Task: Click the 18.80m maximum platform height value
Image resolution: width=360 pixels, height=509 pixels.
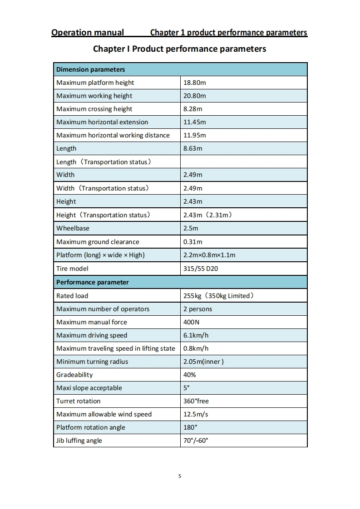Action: (194, 83)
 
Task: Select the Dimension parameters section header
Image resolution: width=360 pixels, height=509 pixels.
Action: (90, 69)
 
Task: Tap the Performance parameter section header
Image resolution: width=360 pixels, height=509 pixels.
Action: (92, 282)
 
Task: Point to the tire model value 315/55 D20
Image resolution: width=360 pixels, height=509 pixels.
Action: (200, 269)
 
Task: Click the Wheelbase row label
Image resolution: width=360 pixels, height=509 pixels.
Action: (73, 228)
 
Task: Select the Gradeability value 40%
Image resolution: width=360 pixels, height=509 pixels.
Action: (189, 375)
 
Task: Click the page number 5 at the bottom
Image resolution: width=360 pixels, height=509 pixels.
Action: (180, 476)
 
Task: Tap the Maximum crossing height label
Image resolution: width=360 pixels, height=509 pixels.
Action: (94, 109)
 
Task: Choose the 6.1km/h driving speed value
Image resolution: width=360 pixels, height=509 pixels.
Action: (196, 335)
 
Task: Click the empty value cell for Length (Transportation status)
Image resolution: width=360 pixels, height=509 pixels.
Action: (244, 162)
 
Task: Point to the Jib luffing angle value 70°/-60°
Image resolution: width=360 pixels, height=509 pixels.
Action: (195, 440)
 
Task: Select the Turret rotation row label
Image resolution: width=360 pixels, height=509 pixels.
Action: (78, 401)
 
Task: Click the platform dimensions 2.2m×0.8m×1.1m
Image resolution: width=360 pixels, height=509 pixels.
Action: (209, 255)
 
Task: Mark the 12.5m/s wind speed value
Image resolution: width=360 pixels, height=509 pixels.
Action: (196, 414)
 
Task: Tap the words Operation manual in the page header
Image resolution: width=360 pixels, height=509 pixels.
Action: (88, 32)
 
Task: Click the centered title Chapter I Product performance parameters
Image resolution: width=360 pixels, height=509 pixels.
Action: (179, 49)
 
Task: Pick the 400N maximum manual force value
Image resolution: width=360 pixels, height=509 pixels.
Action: (191, 322)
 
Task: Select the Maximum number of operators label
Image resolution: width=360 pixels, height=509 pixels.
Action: (103, 309)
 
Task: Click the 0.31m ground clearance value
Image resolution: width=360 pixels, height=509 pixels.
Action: (192, 242)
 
